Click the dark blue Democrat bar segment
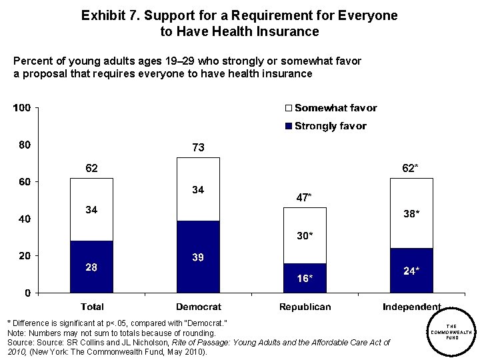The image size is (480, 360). click(x=198, y=257)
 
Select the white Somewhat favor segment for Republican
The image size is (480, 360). click(x=305, y=235)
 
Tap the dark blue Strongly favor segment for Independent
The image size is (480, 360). click(x=411, y=271)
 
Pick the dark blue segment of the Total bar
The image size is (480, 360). click(x=92, y=267)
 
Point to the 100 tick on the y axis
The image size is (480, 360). click(x=23, y=108)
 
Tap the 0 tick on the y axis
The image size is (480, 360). click(x=27, y=293)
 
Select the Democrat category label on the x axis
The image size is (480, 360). click(x=198, y=307)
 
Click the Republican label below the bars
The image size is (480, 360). click(x=305, y=307)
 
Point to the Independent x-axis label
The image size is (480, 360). click(x=411, y=307)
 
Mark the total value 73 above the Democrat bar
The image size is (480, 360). click(x=198, y=147)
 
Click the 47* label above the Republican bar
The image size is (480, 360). click(x=305, y=197)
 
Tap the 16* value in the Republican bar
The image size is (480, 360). click(x=305, y=279)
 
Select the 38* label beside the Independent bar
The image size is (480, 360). click(x=411, y=215)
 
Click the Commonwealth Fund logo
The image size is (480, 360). click(x=451, y=331)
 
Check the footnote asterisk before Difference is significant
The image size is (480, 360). click(x=9, y=323)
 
